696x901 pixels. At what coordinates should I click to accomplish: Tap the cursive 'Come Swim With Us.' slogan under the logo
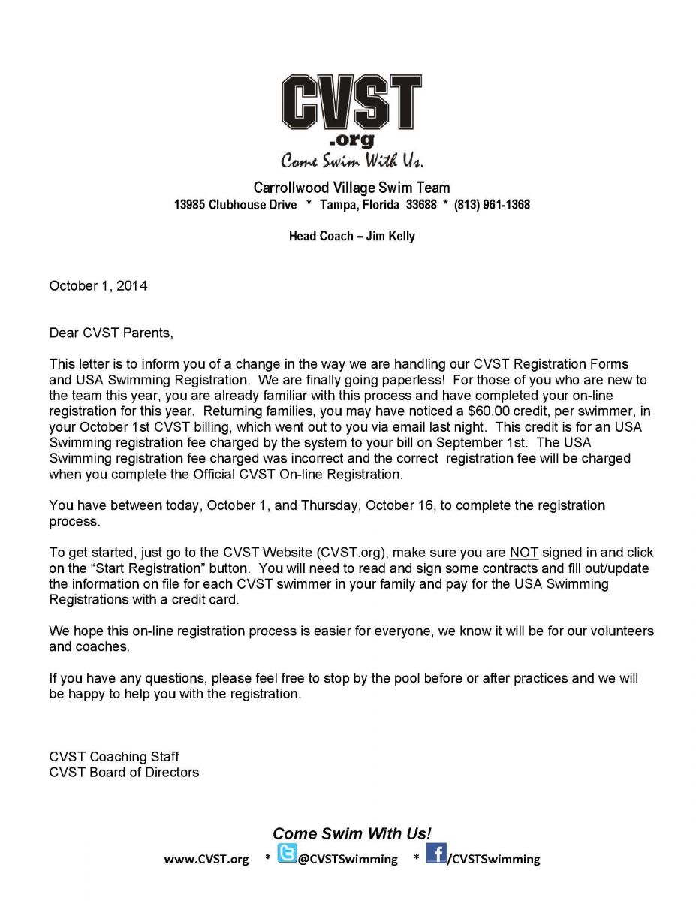pos(352,160)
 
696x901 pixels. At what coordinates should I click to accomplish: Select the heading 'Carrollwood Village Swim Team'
pos(351,188)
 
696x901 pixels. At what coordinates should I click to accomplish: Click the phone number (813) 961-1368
pos(492,204)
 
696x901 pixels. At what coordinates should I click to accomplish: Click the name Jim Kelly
pos(390,236)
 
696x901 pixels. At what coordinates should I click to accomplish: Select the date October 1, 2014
pos(98,286)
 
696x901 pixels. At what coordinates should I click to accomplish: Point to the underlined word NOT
pos(524,553)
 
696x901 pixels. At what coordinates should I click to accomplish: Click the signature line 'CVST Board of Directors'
pos(124,772)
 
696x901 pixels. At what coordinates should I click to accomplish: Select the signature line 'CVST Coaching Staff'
pos(114,757)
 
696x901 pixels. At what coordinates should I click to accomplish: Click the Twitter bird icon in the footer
pos(287,854)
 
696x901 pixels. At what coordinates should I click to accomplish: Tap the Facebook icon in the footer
pos(436,854)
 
